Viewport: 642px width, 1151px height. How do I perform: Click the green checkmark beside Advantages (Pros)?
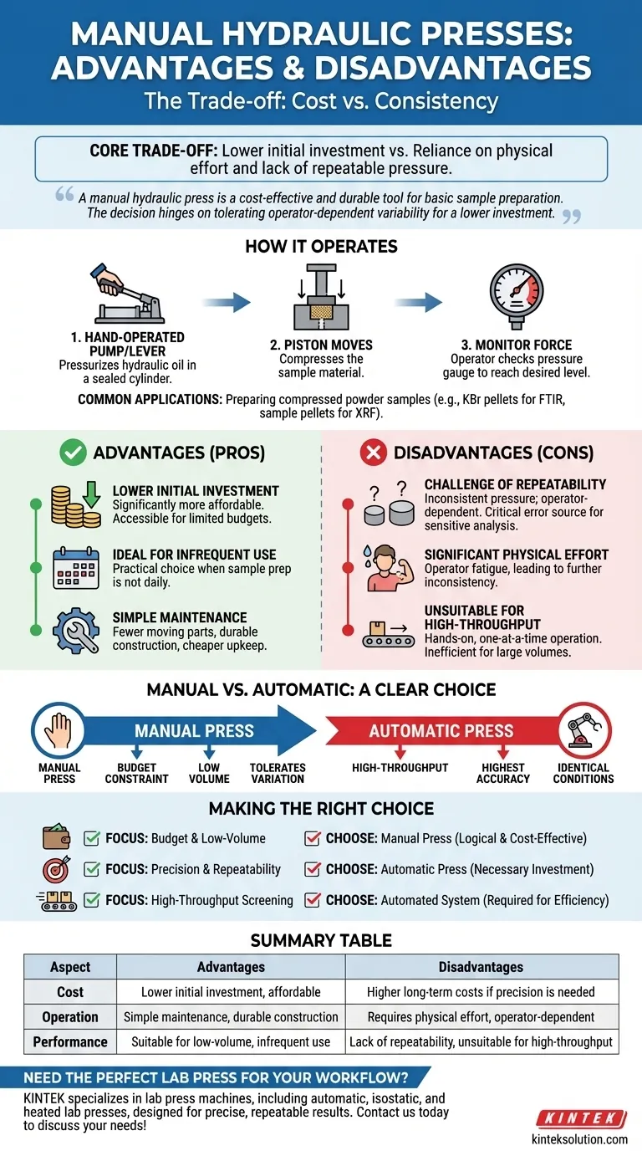73,453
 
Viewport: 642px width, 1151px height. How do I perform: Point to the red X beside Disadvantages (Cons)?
372,453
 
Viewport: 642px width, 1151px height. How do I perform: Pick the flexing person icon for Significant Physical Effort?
385,567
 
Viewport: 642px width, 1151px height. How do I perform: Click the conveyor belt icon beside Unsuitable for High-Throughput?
386,631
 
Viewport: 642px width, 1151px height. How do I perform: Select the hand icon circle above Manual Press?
59,730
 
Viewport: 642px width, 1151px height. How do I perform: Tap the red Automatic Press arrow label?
441,730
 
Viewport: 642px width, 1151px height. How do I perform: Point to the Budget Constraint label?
136,772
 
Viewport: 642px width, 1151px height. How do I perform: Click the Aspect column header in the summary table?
70,966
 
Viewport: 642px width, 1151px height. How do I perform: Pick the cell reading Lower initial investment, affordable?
231,991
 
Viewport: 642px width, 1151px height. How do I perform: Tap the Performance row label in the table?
70,1041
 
